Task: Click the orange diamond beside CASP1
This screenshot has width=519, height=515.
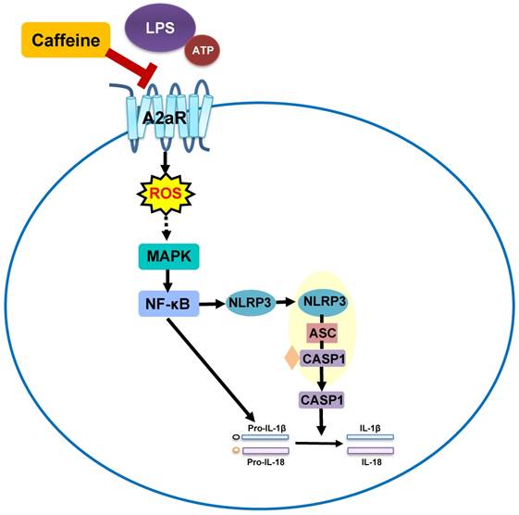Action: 291,358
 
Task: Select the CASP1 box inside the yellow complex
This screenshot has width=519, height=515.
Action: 323,358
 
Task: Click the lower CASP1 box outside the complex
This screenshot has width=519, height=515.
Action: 323,400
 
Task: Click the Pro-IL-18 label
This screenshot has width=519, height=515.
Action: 267,463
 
